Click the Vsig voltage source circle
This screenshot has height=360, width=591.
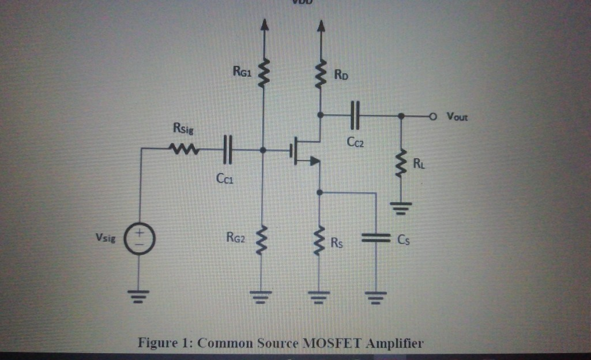139,238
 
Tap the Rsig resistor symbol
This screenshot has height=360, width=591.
184,150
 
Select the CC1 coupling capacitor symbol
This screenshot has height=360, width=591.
227,149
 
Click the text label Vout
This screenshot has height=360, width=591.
457,117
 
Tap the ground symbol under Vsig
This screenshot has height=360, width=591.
139,296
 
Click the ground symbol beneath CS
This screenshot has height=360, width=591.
376,298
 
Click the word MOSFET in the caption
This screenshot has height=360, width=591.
331,343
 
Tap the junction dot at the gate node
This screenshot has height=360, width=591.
263,150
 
